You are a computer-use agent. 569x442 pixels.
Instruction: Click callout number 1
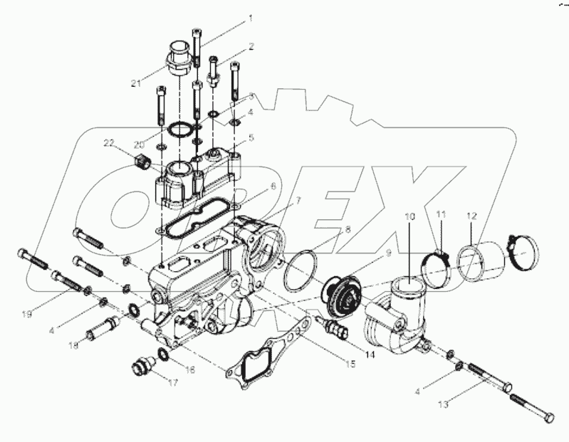tap(251, 16)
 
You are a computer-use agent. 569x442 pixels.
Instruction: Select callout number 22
tap(108, 142)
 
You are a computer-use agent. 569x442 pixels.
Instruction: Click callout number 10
tap(409, 214)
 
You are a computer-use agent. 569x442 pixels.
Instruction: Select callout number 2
tap(251, 47)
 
